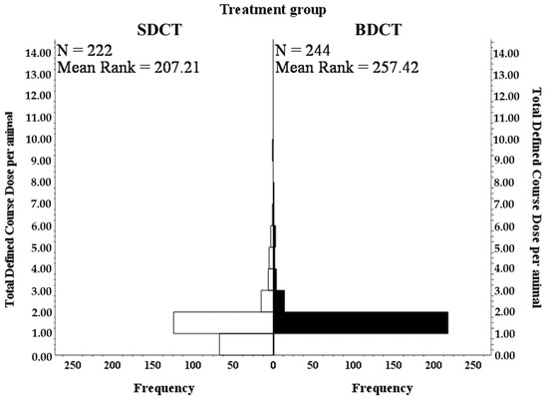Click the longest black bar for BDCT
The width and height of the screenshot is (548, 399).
(360, 322)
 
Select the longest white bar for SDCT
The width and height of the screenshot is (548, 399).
(223, 322)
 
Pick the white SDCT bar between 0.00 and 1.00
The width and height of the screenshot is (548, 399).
(246, 344)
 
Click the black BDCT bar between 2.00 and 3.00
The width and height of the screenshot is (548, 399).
(279, 300)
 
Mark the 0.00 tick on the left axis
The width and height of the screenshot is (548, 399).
(41, 356)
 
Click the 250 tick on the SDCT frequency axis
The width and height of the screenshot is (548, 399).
(74, 366)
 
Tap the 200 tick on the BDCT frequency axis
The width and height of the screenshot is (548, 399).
(433, 366)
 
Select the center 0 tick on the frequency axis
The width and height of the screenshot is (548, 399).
(273, 366)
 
